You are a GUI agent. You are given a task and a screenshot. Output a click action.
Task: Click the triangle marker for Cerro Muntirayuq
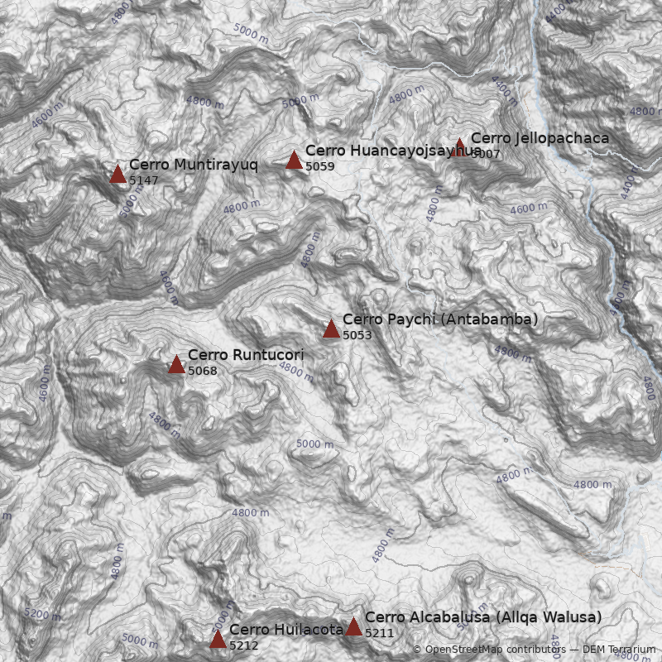(x=118, y=173)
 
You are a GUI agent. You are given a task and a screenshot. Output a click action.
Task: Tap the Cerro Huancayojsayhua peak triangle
(x=294, y=160)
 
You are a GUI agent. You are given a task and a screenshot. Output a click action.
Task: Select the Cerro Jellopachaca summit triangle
(x=459, y=147)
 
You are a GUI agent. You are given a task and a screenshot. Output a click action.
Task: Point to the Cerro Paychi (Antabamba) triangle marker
(x=331, y=329)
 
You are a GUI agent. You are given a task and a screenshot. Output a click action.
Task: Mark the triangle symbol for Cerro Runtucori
(x=176, y=364)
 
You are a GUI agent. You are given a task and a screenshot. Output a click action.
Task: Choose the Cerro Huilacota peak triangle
(x=218, y=639)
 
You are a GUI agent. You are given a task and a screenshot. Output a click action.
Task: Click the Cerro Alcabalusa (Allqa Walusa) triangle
(x=353, y=626)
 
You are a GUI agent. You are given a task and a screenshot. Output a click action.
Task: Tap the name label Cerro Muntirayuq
(x=193, y=165)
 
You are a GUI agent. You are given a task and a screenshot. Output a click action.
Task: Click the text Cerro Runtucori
(x=245, y=355)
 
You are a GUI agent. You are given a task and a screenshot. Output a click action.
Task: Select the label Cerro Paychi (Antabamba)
(x=439, y=319)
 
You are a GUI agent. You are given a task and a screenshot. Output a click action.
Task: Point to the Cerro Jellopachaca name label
(x=540, y=138)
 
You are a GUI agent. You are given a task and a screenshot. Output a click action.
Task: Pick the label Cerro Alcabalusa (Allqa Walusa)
(x=482, y=617)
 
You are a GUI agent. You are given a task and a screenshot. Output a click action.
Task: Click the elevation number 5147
(x=143, y=180)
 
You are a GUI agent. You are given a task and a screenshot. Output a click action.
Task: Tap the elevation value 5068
(x=202, y=372)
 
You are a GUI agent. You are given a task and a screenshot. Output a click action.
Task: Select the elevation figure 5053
(x=357, y=336)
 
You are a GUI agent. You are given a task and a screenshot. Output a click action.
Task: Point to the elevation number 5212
(x=243, y=646)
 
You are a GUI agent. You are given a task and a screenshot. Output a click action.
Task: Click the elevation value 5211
(x=379, y=634)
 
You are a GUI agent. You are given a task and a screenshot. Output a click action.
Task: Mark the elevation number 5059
(x=319, y=167)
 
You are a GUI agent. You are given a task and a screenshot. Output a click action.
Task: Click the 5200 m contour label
(x=42, y=615)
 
